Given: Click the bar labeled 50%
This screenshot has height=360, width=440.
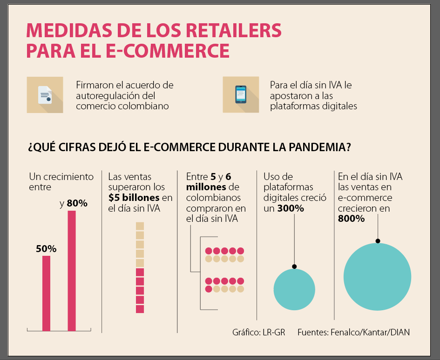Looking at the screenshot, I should [46, 293].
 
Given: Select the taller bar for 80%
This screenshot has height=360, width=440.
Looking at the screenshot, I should [72, 271].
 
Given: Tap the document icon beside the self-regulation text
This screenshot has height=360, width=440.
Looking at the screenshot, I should [45, 94].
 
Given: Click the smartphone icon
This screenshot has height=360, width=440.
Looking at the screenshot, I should [241, 94].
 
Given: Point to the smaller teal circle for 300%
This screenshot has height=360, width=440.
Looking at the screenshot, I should [294, 289].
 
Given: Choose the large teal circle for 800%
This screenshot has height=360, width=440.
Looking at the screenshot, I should [377, 277].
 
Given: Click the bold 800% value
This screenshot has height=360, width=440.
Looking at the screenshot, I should [352, 219].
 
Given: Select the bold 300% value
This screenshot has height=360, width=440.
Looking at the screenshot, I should [291, 208].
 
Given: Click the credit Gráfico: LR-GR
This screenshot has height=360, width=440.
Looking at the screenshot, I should [258, 332].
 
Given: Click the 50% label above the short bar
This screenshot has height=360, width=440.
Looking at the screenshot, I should [46, 249].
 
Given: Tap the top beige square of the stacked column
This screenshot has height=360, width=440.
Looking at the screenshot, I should [140, 226].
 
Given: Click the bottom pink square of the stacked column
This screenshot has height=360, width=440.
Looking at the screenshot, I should [140, 309].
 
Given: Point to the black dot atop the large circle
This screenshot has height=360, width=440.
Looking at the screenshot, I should [378, 241].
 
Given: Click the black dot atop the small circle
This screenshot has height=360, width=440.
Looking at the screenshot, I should [294, 267].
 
